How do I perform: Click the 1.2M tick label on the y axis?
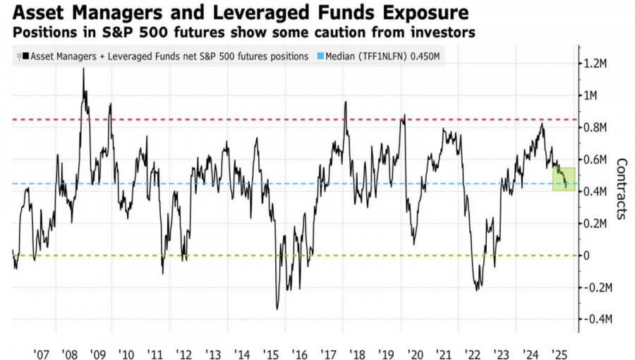coord(596,64)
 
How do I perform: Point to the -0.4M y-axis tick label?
coord(595,319)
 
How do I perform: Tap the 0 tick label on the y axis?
coord(587,256)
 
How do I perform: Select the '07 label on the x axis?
coord(40,352)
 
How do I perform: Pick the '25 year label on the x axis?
coord(560,352)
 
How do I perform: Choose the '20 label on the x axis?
coord(416,352)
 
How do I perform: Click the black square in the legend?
coord(25,56)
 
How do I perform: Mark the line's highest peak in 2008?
coord(83,69)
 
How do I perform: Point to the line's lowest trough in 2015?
coord(277,308)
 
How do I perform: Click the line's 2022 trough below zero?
coord(477,289)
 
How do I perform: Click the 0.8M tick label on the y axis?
coord(596,127)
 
